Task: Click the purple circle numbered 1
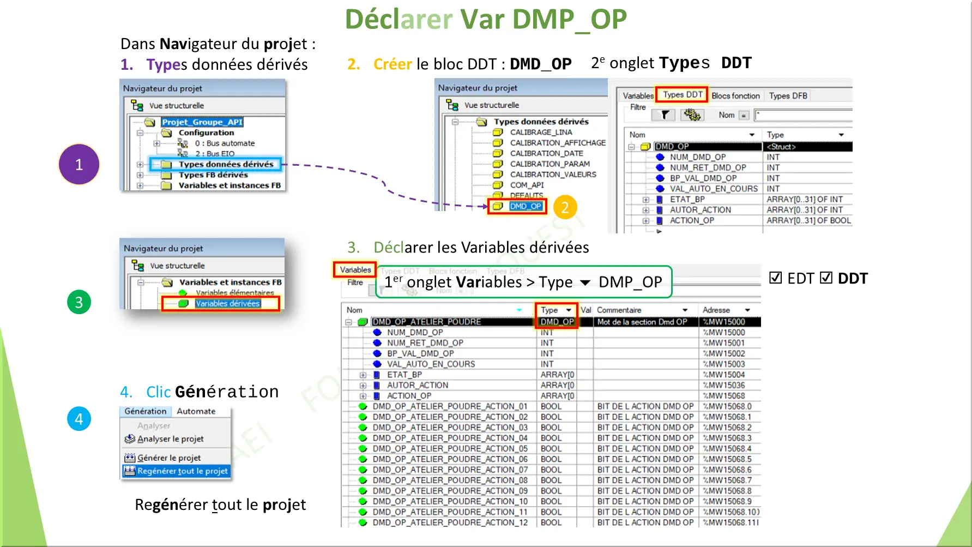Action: coord(79,164)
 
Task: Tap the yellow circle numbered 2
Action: coord(565,207)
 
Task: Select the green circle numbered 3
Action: coord(79,302)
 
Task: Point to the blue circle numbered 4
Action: coord(79,419)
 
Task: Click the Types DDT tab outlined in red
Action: coord(682,95)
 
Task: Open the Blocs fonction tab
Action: coord(735,96)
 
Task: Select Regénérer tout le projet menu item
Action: coord(182,471)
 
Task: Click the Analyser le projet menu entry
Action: coord(170,438)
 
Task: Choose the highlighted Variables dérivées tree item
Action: coord(227,304)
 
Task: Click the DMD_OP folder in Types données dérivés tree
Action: coord(525,206)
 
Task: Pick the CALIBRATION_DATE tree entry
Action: coord(546,153)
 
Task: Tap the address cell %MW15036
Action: coord(723,385)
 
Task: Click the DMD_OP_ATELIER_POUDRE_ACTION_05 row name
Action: coord(450,449)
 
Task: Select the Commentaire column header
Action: coord(619,310)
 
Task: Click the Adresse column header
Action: coord(716,310)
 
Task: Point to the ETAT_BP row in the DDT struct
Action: coord(687,199)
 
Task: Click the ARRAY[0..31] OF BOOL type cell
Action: coord(808,220)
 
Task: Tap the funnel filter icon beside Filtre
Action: coord(665,115)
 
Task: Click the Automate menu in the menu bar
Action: coord(196,411)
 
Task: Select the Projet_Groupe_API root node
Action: coord(202,122)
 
